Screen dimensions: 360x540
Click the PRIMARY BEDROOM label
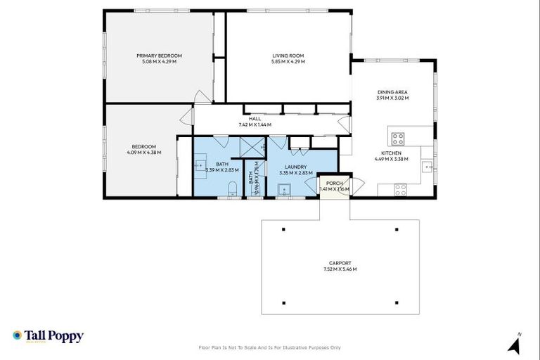[x=159, y=56]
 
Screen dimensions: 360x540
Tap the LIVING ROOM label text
[x=288, y=56]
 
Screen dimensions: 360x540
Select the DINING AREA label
[x=392, y=92]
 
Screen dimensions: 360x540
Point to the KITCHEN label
[x=391, y=153]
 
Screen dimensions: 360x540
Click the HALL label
[x=255, y=119]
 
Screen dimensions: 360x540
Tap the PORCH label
[x=333, y=183]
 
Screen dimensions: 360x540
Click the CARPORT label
[x=340, y=263]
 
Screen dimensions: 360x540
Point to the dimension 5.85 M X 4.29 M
[x=288, y=62]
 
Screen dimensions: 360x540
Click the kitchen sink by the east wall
[x=427, y=167]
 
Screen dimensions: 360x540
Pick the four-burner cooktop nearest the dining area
[x=397, y=137]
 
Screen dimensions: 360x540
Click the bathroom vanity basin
[x=200, y=167]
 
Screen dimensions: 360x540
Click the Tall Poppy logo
[x=48, y=336]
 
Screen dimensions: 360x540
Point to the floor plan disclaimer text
[x=270, y=347]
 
